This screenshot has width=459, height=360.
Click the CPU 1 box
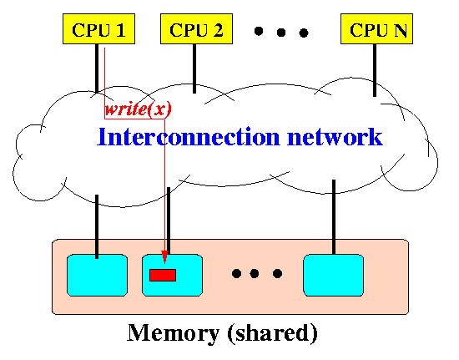(x=99, y=28)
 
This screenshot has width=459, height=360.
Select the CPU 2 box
(x=196, y=28)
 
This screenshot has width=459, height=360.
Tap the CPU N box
(x=376, y=28)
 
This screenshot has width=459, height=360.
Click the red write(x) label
(x=138, y=109)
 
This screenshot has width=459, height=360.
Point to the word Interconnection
(x=189, y=136)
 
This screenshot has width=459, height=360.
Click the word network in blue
(x=335, y=136)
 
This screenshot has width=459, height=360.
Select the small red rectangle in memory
(x=163, y=275)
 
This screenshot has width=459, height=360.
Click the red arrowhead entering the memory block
(x=164, y=257)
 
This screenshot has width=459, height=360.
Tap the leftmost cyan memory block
(x=97, y=275)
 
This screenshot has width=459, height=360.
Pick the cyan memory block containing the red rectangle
(x=172, y=275)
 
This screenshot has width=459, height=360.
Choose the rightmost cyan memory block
(x=334, y=275)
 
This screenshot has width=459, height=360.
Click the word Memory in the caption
(x=174, y=333)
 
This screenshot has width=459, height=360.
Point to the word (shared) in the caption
(x=272, y=333)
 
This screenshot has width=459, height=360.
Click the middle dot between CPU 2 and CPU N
(x=281, y=33)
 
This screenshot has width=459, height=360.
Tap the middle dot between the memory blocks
(x=255, y=274)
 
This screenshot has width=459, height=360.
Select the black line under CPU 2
(x=194, y=68)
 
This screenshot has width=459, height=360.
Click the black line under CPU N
(x=375, y=70)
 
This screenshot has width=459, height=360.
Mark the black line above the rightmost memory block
(x=334, y=217)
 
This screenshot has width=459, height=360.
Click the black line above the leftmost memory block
(x=97, y=226)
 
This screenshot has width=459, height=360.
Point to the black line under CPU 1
(x=97, y=68)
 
